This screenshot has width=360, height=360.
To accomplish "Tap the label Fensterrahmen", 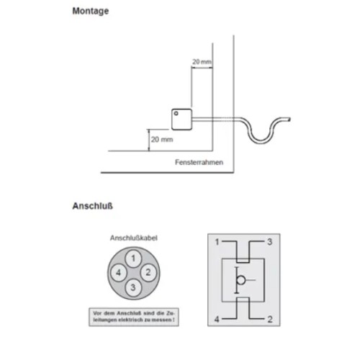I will click(x=199, y=163).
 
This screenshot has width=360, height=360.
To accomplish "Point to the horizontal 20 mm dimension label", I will click(x=202, y=63).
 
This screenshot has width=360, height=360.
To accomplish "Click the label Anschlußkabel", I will click(x=134, y=238).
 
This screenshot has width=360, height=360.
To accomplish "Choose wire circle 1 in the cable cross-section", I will click(x=132, y=258).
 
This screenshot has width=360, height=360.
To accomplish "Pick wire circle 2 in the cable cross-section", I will click(x=147, y=273).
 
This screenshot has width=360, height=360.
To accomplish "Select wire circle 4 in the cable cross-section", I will click(x=118, y=273).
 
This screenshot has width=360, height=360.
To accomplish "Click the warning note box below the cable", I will click(x=134, y=316).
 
